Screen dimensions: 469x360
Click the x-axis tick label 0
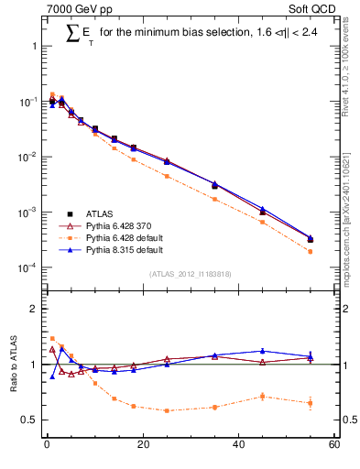point(46,445)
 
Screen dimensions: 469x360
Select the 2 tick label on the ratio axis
point(32,309)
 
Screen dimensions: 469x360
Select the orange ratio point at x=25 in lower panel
point(167,410)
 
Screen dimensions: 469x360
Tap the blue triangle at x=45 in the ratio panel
point(263,351)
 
